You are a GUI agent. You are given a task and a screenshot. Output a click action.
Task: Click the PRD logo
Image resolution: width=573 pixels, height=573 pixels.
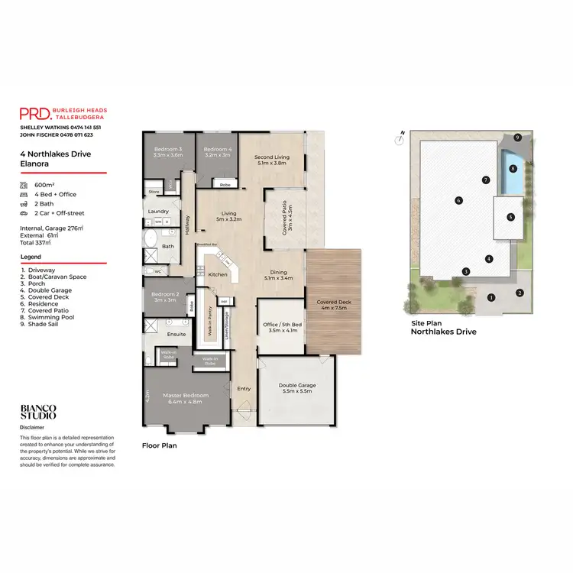tap(35, 114)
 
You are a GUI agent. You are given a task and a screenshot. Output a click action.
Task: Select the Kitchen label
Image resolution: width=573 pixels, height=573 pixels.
tap(219, 274)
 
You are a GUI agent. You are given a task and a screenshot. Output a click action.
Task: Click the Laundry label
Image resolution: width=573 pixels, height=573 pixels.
tap(159, 212)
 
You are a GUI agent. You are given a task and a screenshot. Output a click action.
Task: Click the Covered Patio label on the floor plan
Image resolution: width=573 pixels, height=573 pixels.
tap(284, 219)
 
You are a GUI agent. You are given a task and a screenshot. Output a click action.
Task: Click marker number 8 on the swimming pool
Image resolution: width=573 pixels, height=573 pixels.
tap(513, 168)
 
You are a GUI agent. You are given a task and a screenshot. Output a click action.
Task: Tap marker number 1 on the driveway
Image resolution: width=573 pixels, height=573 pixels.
tap(491, 297)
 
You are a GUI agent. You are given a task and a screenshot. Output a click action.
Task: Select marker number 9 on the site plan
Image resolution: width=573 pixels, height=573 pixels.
tap(517, 138)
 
